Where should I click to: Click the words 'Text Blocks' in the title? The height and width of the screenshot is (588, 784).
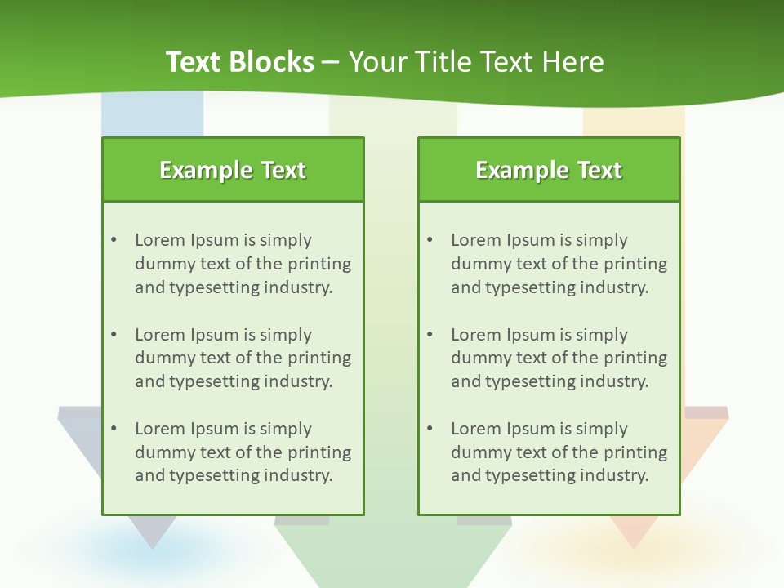pos(239,62)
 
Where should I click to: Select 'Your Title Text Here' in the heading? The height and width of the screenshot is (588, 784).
pos(476,62)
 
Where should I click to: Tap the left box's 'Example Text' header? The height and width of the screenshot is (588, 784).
pos(233,170)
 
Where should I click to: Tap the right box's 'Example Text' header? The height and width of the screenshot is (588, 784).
pos(549,170)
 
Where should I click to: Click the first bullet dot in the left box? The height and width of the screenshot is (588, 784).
pos(114,240)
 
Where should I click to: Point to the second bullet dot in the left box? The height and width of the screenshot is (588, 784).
pos(114,335)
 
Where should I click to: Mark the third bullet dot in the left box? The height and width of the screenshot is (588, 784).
pos(114,429)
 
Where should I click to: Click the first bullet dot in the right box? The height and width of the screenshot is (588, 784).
pos(430,240)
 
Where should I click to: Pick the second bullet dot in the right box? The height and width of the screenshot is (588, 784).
pos(430,335)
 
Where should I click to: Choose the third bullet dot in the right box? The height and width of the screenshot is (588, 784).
pos(430,429)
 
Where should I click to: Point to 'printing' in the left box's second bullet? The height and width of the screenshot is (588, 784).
pos(320,358)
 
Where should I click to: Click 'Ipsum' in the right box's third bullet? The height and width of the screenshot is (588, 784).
pos(531,429)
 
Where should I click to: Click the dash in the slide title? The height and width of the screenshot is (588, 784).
pos(331,62)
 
